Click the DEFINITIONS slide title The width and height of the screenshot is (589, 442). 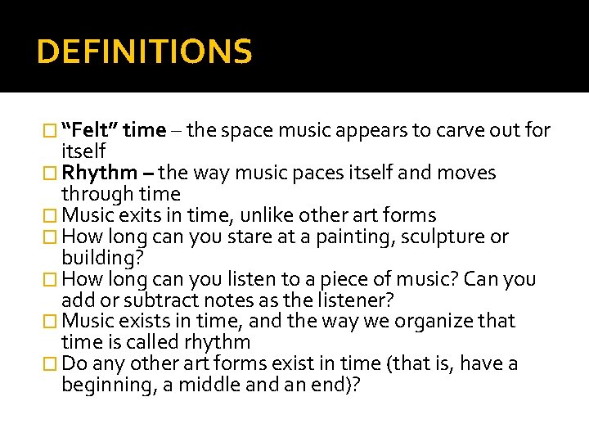(145, 52)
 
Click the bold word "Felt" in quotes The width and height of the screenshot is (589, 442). (93, 130)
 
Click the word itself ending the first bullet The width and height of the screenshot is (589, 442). (83, 151)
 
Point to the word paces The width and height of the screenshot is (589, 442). (298, 173)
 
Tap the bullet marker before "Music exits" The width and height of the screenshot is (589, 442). (54, 215)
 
